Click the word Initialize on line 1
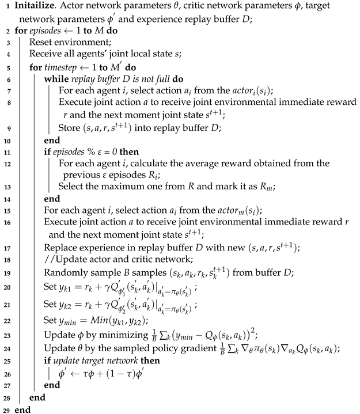pyautogui.click(x=35, y=7)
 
